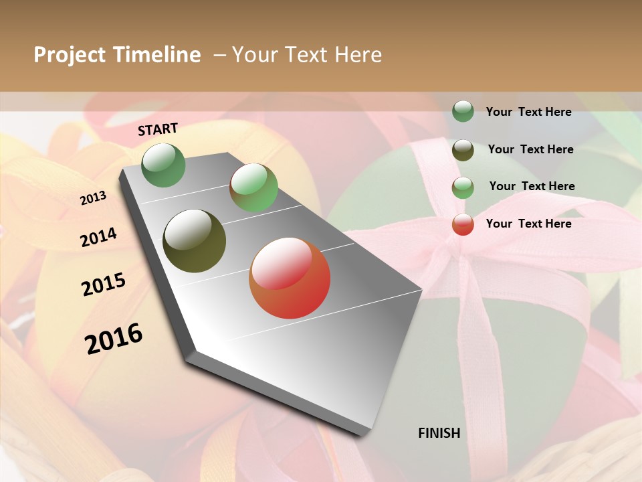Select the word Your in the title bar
(x=255, y=55)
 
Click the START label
(x=158, y=129)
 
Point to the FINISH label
(x=439, y=433)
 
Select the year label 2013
(x=93, y=198)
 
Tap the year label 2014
(x=98, y=238)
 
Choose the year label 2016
(x=114, y=339)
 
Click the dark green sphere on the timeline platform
(x=164, y=165)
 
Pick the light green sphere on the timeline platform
(x=253, y=187)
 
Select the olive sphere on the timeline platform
(x=195, y=241)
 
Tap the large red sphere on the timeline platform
(x=290, y=278)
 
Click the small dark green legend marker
(x=463, y=111)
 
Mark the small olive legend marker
(x=463, y=150)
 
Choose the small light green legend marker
(x=463, y=187)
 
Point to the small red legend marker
(x=463, y=224)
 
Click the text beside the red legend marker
(x=528, y=224)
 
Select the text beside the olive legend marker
(x=530, y=149)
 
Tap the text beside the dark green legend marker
(x=528, y=112)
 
